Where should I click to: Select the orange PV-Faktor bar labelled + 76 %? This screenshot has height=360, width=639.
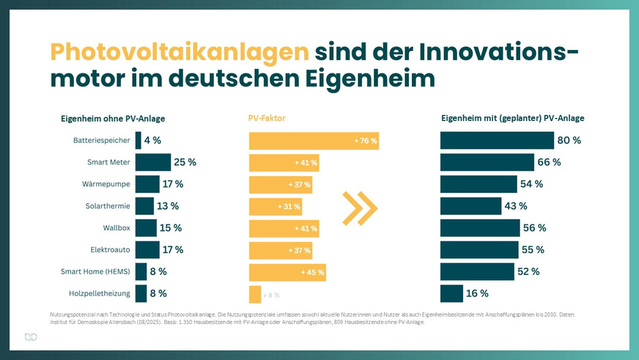pyautogui.click(x=314, y=140)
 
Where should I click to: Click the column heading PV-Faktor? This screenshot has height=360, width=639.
pyautogui.click(x=267, y=118)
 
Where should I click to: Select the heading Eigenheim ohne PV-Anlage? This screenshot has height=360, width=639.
pyautogui.click(x=112, y=118)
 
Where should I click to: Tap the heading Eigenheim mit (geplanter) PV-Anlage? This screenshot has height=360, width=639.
pyautogui.click(x=512, y=118)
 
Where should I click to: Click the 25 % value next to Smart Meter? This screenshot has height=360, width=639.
pyautogui.click(x=185, y=162)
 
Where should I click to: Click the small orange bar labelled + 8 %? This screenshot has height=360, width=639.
pyautogui.click(x=255, y=294)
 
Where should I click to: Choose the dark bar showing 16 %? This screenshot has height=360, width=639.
pyautogui.click(x=450, y=294)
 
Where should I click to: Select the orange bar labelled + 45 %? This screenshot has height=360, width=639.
pyautogui.click(x=287, y=272)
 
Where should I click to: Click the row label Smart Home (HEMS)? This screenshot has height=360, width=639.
pyautogui.click(x=95, y=272)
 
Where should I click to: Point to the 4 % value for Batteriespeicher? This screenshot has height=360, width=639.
pyautogui.click(x=152, y=140)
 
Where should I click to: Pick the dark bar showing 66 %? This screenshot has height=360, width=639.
pyautogui.click(x=487, y=162)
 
